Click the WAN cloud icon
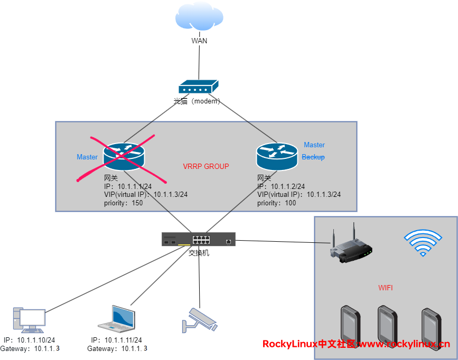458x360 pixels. (199, 19)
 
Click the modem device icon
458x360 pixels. (198, 88)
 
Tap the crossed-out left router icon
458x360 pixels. (124, 155)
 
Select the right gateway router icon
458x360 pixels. (277, 155)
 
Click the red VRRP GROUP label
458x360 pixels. (206, 166)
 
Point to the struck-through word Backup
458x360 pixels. (313, 157)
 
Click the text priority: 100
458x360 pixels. (277, 203)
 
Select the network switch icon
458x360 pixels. (199, 240)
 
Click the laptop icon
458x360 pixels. (117, 318)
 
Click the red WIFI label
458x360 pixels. (386, 288)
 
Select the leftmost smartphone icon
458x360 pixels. (349, 323)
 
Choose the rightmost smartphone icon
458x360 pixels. (431, 325)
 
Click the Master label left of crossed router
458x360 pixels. (87, 157)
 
